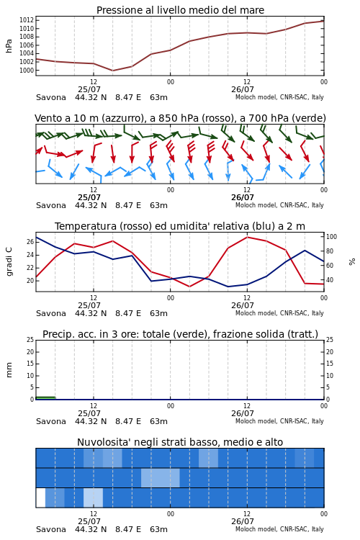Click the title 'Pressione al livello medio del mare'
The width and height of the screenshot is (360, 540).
tap(180, 10)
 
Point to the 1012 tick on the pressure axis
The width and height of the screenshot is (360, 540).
tap(27, 20)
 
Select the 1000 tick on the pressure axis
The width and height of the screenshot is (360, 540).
tap(27, 71)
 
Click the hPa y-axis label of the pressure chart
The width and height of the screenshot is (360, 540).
tap(9, 46)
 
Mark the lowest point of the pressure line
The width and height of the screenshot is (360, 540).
tap(112, 71)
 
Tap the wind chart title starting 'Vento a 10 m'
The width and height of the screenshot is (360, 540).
tap(180, 118)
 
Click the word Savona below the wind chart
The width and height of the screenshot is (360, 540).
tap(51, 205)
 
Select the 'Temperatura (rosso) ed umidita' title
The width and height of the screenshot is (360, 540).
tap(180, 226)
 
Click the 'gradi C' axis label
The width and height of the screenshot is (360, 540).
tap(9, 261)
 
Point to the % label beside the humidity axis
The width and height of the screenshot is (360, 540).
tap(352, 262)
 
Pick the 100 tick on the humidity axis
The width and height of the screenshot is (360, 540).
tap(331, 237)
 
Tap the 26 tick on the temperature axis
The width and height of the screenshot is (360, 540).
tap(30, 242)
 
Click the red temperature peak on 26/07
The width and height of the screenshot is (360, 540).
tap(247, 237)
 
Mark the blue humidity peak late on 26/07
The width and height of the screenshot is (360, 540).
tap(305, 251)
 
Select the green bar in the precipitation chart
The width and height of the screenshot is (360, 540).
tap(45, 398)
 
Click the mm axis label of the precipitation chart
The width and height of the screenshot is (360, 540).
tap(9, 369)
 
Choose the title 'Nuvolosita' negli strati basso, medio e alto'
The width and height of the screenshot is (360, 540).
tap(180, 442)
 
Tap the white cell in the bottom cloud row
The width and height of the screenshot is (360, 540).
tap(40, 498)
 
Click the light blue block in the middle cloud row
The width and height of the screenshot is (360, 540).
tap(160, 477)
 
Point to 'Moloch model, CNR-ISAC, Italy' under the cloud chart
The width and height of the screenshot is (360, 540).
tap(279, 529)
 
